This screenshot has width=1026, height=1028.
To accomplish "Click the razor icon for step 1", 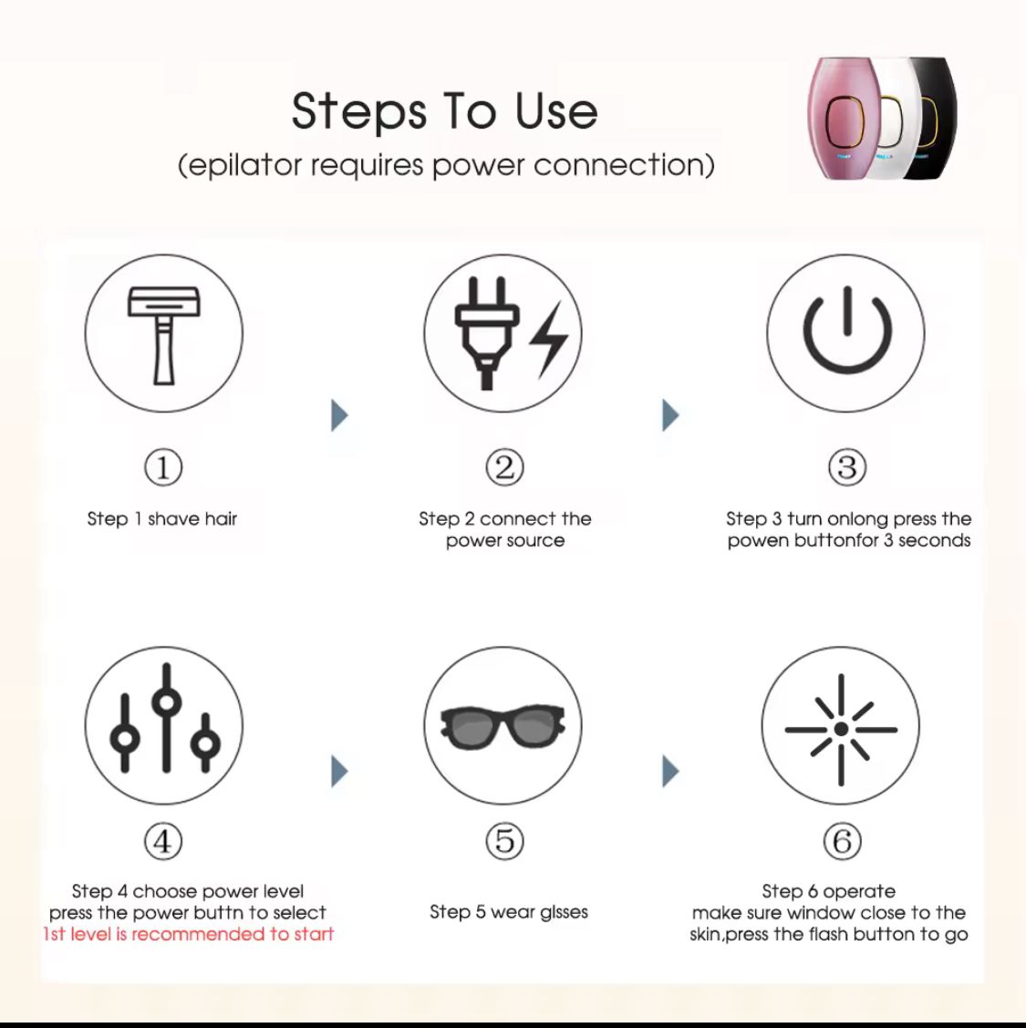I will [164, 334].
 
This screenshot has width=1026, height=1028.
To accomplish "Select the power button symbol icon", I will [845, 334].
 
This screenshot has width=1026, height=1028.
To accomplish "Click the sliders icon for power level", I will [164, 726].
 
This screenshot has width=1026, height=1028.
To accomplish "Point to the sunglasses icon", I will [503, 726].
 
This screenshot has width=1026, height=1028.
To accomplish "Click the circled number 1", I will [163, 468].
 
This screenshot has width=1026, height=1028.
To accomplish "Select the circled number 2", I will [504, 468].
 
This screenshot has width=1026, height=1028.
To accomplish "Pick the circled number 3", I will [846, 468].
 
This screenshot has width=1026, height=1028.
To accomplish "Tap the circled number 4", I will [163, 841].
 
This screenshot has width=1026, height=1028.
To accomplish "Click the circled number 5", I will [504, 841].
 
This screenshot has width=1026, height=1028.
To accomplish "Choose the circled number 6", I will [842, 841].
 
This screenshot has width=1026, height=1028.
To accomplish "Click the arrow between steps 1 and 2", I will [339, 415].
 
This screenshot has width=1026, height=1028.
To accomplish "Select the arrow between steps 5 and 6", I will [670, 771].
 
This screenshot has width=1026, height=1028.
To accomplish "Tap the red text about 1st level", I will [189, 934].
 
